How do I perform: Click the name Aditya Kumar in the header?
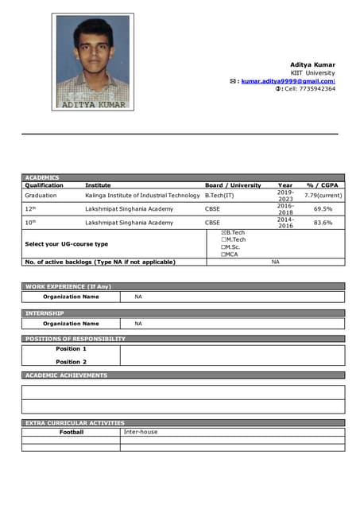click(x=312, y=64)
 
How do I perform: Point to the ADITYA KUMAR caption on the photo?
click(x=93, y=104)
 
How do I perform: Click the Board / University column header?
click(x=233, y=185)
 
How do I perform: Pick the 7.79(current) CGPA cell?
click(x=323, y=195)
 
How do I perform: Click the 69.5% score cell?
click(x=323, y=209)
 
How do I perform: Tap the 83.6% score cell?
click(x=323, y=223)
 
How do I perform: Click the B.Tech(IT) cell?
click(x=220, y=195)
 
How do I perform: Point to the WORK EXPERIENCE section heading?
click(x=68, y=286)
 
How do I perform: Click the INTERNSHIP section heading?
click(x=45, y=313)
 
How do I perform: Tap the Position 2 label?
click(x=71, y=362)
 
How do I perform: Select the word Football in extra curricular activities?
click(x=71, y=433)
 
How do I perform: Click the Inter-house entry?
click(x=141, y=433)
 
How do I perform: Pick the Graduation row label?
click(x=41, y=195)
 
